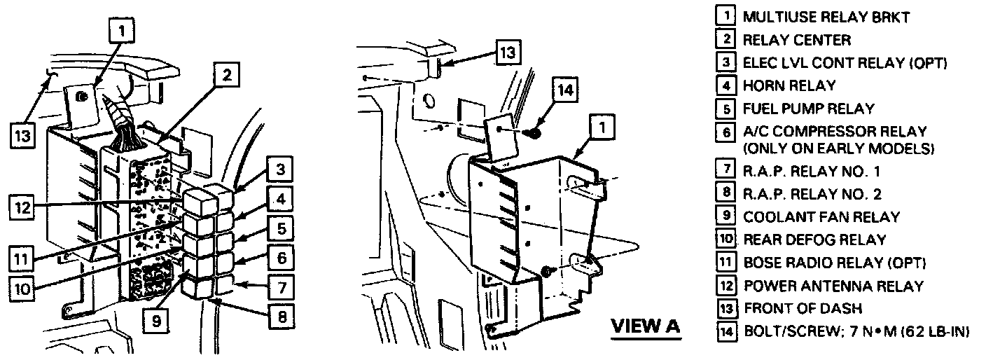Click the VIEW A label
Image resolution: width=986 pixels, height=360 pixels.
pyautogui.click(x=646, y=326)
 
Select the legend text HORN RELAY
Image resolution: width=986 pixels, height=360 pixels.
pyautogui.click(x=789, y=85)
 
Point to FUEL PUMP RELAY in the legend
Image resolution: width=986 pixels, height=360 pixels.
pyautogui.click(x=808, y=109)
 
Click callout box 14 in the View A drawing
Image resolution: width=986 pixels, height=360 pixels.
pyautogui.click(x=567, y=91)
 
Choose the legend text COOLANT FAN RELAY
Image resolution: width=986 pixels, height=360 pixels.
pyautogui.click(x=821, y=217)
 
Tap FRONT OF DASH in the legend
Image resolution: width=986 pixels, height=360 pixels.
pyautogui.click(x=803, y=308)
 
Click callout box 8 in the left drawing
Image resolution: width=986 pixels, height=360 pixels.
pyautogui.click(x=282, y=317)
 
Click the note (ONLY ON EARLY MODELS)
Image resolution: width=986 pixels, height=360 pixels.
pyautogui.click(x=839, y=148)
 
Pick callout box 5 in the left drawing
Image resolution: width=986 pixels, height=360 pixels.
pyautogui.click(x=281, y=228)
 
